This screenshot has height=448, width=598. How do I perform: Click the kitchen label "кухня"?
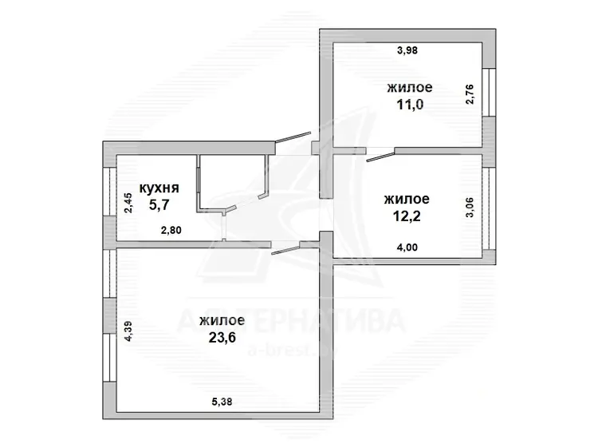(x=159, y=188)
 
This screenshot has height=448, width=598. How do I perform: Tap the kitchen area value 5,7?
(x=159, y=205)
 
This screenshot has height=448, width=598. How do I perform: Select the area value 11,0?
(x=410, y=105)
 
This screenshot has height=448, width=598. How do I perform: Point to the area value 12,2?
(x=407, y=216)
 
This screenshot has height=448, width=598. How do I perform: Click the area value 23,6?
(x=222, y=337)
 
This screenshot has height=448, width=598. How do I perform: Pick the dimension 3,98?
(x=407, y=50)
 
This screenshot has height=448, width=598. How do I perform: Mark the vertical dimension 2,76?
(x=470, y=94)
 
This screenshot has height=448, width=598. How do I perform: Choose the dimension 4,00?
(x=407, y=247)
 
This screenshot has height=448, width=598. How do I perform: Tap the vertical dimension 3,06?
(x=470, y=207)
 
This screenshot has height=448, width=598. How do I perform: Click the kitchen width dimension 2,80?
(x=171, y=230)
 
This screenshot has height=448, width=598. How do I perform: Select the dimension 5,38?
(x=222, y=402)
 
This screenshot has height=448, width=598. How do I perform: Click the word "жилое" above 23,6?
(x=222, y=320)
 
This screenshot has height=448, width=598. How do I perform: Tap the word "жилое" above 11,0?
(x=410, y=88)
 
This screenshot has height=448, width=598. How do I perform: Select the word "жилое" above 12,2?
(x=407, y=200)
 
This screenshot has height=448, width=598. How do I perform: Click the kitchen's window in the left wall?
(x=109, y=191)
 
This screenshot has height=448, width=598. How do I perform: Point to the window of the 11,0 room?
(x=489, y=93)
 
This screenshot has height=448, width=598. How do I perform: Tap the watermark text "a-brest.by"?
(x=293, y=349)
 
